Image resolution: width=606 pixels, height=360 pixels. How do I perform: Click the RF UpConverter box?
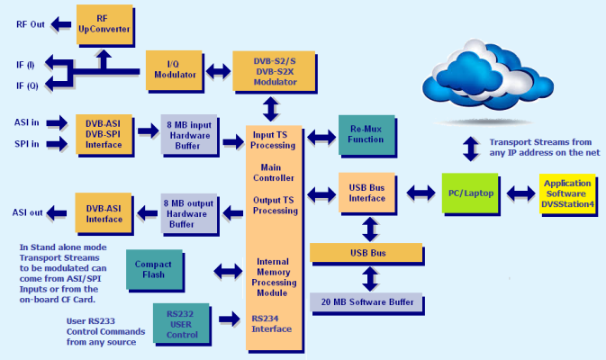[x=104, y=24]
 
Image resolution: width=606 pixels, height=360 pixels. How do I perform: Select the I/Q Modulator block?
[x=175, y=70]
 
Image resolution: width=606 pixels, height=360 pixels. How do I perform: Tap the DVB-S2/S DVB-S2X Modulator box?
[x=274, y=71]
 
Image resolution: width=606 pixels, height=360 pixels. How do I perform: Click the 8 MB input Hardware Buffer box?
[x=189, y=134]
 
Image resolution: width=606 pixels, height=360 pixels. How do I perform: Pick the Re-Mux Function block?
[x=366, y=135]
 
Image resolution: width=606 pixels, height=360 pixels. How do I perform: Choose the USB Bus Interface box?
[x=366, y=193]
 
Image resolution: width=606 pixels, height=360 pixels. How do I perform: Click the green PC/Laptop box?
[x=470, y=193]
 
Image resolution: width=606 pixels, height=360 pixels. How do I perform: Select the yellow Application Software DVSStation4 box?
[x=567, y=193]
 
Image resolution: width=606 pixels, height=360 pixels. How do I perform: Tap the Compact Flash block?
[x=154, y=270]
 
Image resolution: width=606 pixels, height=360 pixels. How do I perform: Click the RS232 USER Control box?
[x=181, y=324]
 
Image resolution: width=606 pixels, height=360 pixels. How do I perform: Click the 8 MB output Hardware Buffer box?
[x=188, y=213]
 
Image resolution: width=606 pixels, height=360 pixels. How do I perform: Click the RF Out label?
[x=31, y=24]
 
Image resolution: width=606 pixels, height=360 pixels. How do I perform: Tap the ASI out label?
[x=27, y=212]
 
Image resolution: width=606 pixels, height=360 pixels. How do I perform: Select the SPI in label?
[x=27, y=144]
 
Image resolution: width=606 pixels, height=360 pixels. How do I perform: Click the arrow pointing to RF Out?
[x=61, y=24]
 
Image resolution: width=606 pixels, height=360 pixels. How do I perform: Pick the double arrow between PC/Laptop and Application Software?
[x=520, y=193]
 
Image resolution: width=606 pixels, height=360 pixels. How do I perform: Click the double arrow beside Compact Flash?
[x=228, y=271]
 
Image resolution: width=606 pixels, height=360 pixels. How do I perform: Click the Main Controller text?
[x=273, y=173]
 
